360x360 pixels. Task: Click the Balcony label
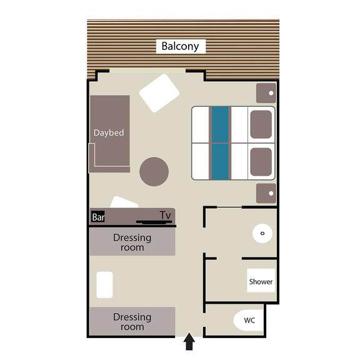pyautogui.click(x=180, y=46)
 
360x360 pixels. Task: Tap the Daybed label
pyautogui.click(x=109, y=132)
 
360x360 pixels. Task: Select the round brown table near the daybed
pyautogui.click(x=154, y=171)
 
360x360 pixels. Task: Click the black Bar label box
pyautogui.click(x=98, y=217)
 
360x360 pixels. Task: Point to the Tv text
pyautogui.click(x=165, y=216)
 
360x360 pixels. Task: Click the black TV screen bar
pyautogui.click(x=154, y=222)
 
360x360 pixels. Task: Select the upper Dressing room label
pyautogui.click(x=132, y=242)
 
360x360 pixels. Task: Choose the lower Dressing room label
pyautogui.click(x=132, y=322)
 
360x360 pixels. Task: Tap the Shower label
pyautogui.click(x=261, y=281)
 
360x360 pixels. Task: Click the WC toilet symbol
pyautogui.click(x=248, y=320)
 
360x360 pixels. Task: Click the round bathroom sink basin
pyautogui.click(x=262, y=233)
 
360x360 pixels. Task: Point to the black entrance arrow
pyautogui.click(x=189, y=341)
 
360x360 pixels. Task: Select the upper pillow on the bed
pyautogui.click(x=261, y=124)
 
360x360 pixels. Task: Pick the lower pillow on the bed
pyautogui.click(x=261, y=162)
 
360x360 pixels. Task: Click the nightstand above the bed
pyautogui.click(x=266, y=93)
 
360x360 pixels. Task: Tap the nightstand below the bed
pyautogui.click(x=266, y=193)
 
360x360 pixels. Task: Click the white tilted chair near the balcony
pyautogui.click(x=159, y=93)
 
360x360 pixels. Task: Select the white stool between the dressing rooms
pyautogui.click(x=104, y=285)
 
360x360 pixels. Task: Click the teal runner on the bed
pyautogui.click(x=220, y=142)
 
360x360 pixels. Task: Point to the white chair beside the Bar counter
pyautogui.click(x=124, y=202)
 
